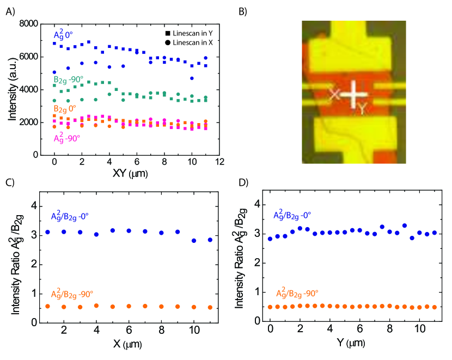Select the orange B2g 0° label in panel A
tap(65, 110)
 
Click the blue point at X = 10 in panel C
tap(194, 240)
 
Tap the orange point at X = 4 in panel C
tap(96, 306)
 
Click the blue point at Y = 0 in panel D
tap(270, 239)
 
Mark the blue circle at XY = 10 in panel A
tap(192, 78)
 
